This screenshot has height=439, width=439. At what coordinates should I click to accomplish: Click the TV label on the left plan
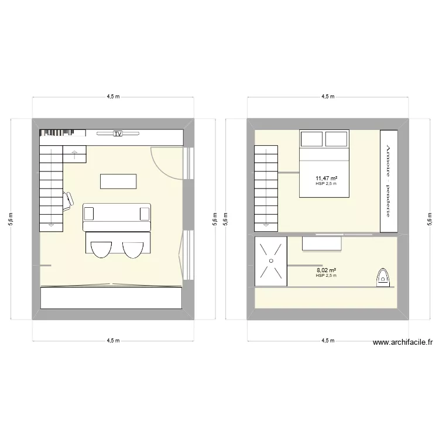(x=118, y=134)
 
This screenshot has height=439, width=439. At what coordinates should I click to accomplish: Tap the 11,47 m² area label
(x=327, y=179)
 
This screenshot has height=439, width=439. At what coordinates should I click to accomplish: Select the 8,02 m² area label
(x=327, y=270)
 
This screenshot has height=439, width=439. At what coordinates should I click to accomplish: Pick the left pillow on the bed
(x=311, y=139)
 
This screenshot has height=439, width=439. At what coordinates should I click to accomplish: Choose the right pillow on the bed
(x=337, y=139)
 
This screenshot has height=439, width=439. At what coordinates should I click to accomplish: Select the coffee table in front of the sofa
(x=119, y=181)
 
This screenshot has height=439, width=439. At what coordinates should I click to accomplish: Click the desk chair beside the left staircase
(x=68, y=200)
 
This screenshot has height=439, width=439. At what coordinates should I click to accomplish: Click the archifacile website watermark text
(x=402, y=343)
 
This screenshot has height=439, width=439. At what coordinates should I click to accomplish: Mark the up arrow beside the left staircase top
(x=75, y=154)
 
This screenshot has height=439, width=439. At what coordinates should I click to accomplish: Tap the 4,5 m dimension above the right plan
(x=328, y=97)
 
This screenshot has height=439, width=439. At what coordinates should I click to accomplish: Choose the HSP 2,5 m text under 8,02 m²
(x=326, y=276)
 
